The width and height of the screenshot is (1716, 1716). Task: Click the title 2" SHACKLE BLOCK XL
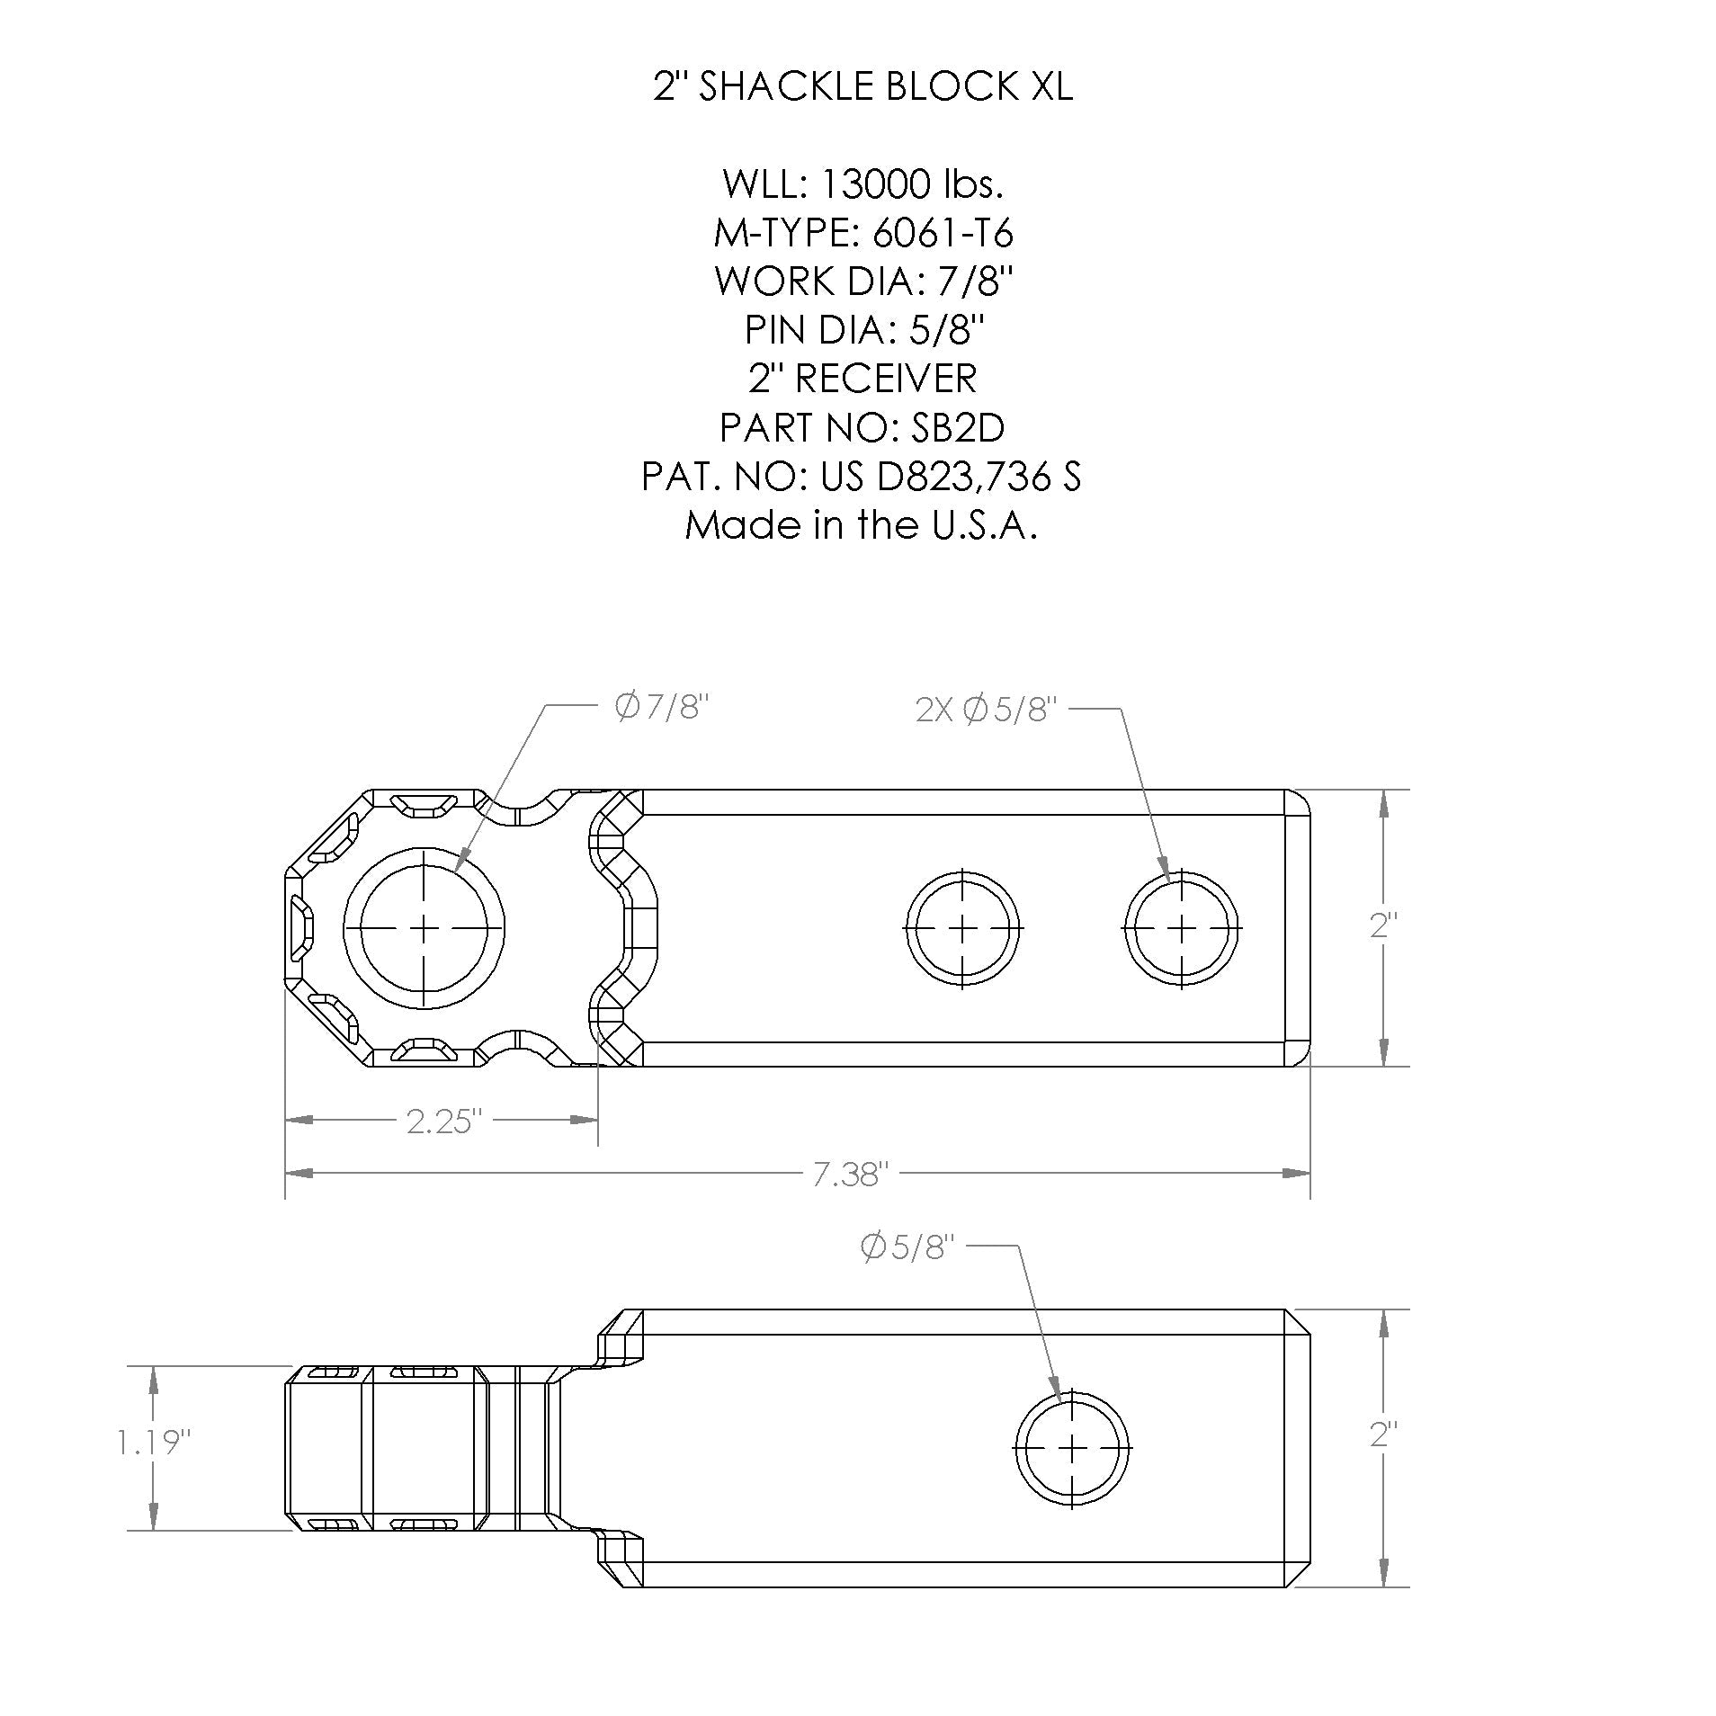(862, 87)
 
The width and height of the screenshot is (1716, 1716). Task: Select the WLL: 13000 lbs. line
(862, 184)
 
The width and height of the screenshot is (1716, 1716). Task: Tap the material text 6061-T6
(943, 234)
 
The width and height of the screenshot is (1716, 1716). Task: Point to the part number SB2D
(957, 428)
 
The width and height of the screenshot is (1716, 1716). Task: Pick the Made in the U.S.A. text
(862, 524)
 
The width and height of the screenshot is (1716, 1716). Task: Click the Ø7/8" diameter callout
(662, 708)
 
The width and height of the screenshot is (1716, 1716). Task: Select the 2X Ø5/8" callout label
(983, 711)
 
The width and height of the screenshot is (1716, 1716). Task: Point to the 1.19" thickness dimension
(154, 1443)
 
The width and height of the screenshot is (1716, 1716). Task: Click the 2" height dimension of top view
(1383, 926)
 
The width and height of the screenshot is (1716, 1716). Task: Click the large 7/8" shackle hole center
(424, 927)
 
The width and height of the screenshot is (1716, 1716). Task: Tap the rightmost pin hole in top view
(1182, 927)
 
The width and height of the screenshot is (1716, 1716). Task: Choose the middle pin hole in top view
(962, 927)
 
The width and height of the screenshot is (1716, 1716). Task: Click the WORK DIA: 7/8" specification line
(862, 282)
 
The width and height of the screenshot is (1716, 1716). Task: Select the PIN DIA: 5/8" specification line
(862, 331)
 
